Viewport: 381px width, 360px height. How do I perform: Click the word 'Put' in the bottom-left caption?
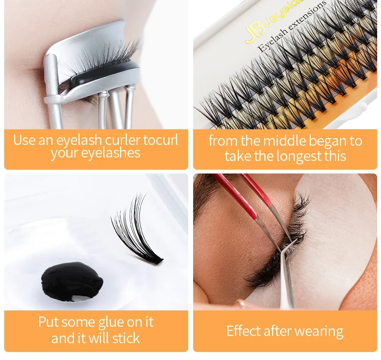tap(48, 322)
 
